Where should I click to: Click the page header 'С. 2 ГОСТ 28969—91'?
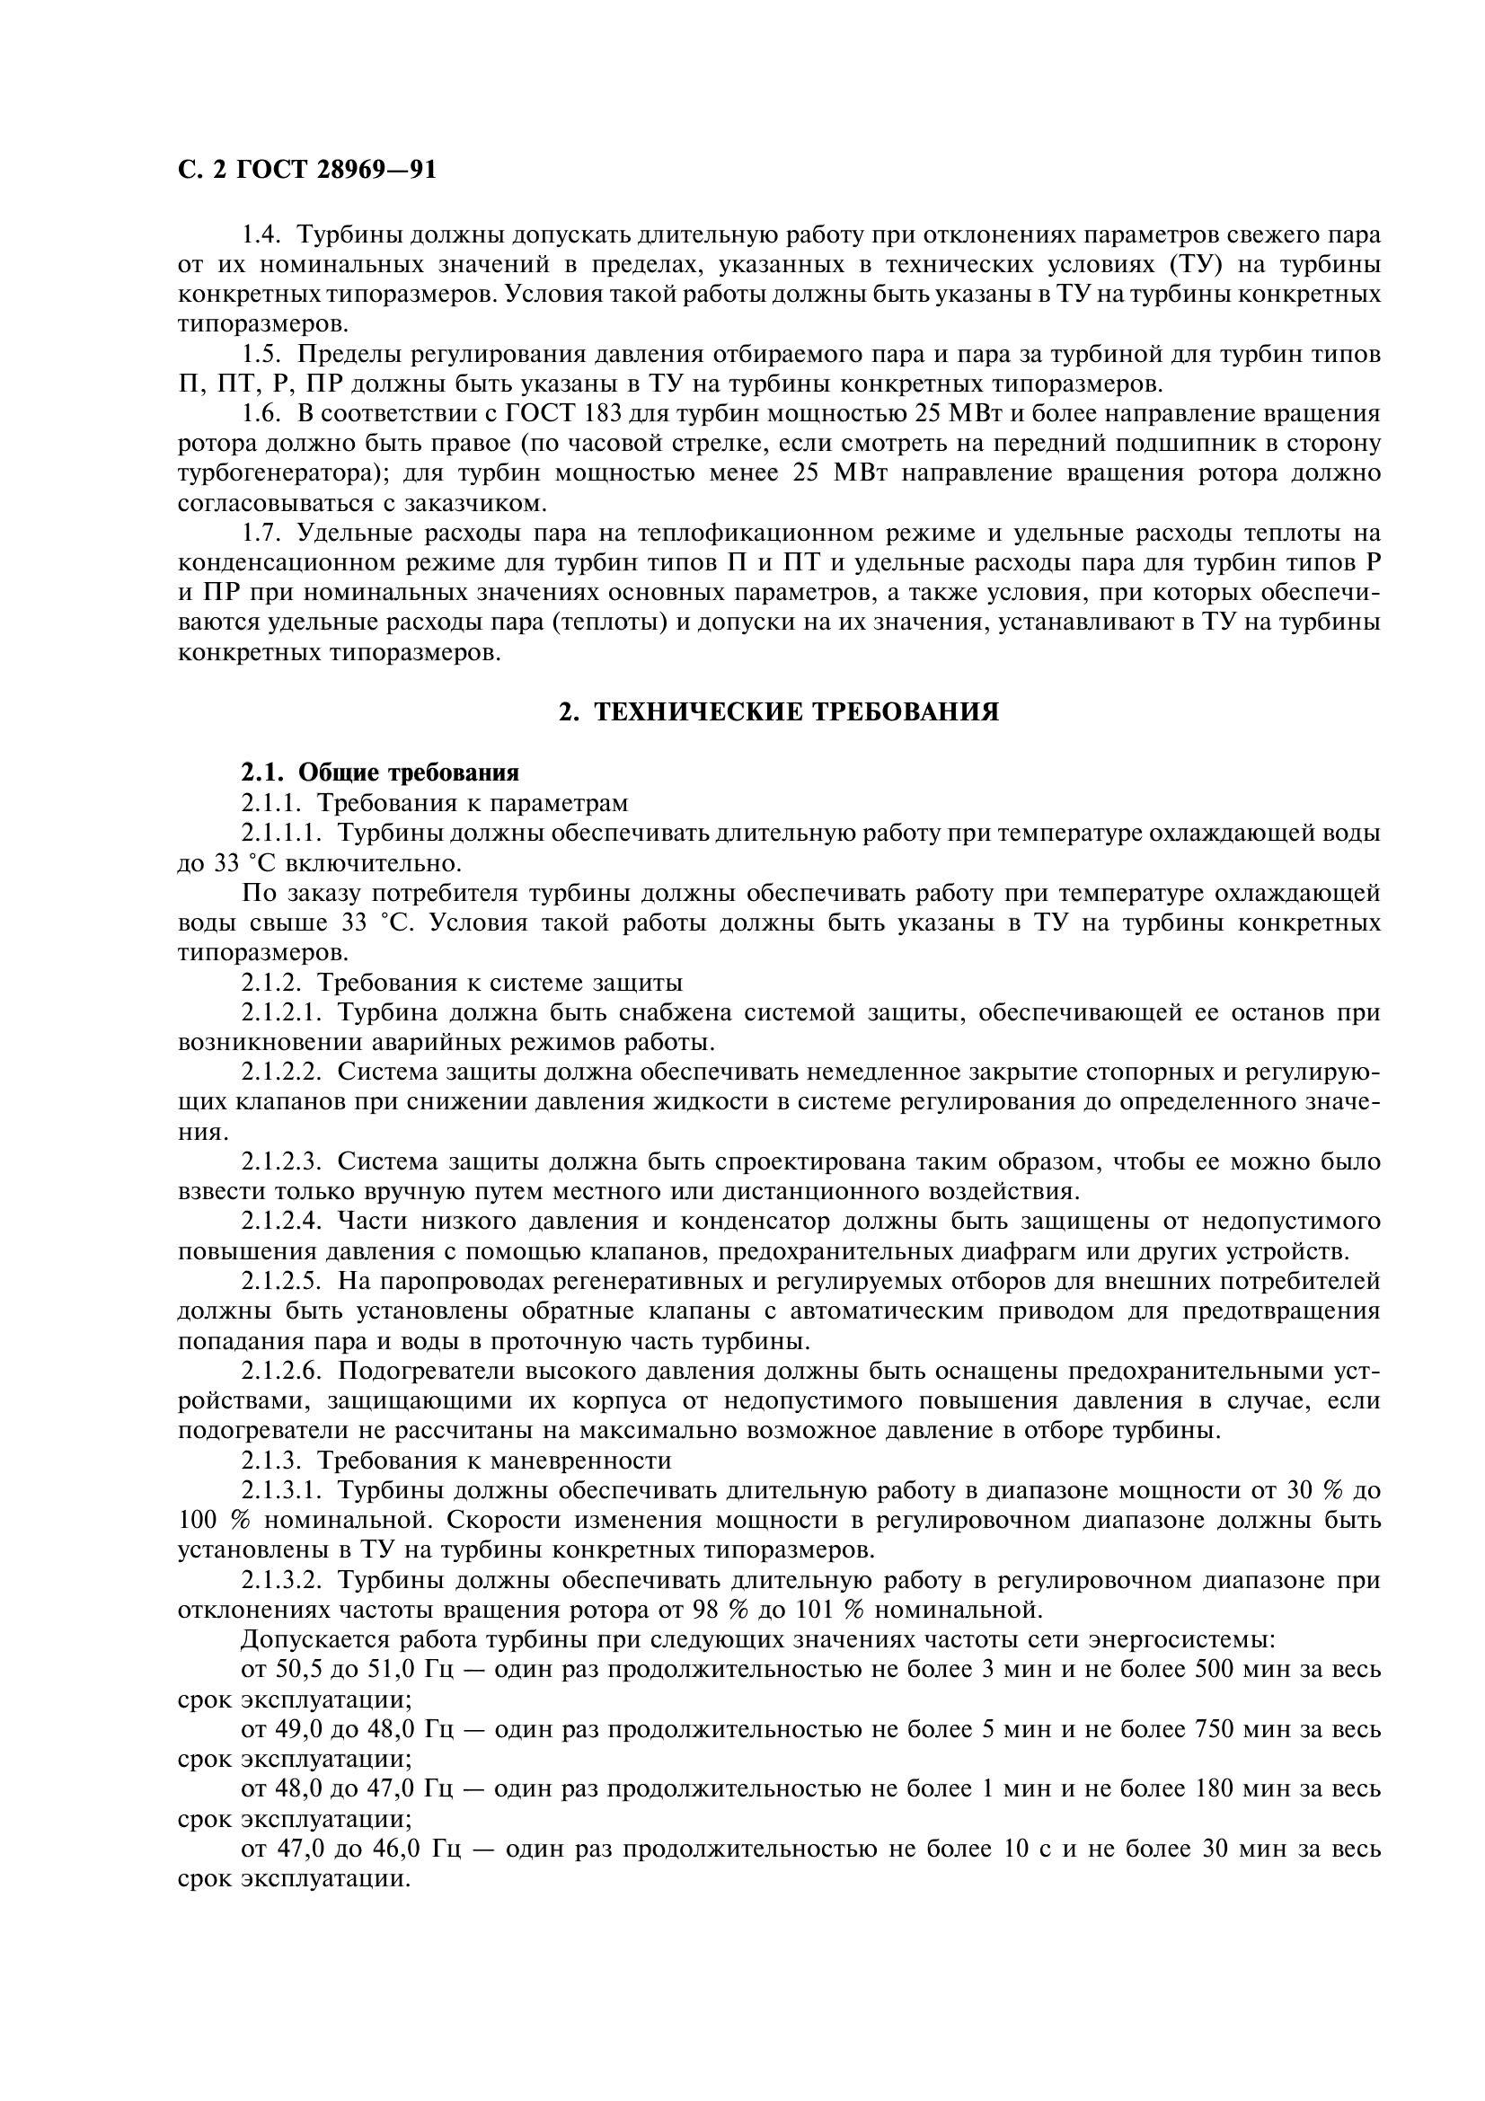[x=306, y=170]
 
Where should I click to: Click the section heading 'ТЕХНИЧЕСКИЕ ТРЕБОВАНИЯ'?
[x=796, y=712]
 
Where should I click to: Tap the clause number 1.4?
[x=260, y=234]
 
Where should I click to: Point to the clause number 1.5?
[x=260, y=354]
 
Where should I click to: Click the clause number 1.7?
[x=260, y=533]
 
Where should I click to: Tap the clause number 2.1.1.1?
[x=283, y=833]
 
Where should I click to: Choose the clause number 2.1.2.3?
[x=283, y=1162]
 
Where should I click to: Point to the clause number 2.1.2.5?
[x=283, y=1281]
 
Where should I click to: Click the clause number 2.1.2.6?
[x=283, y=1371]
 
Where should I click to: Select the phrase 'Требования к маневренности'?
[x=494, y=1461]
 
